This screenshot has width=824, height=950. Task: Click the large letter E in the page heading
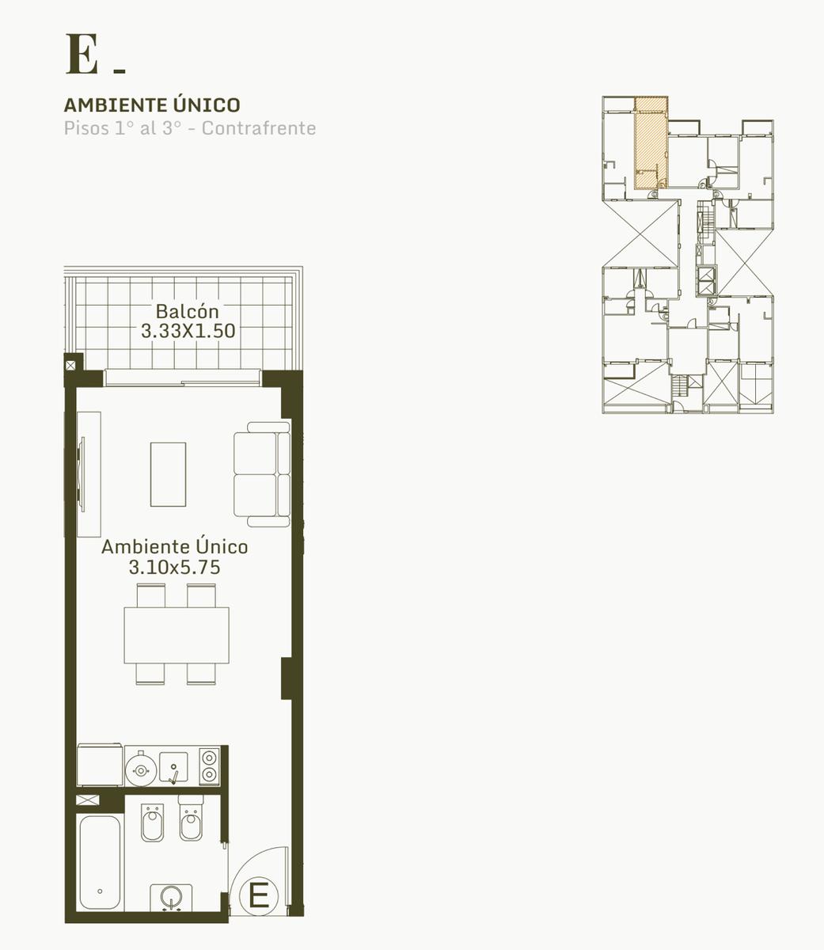(82, 54)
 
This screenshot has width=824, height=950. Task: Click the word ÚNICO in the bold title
(207, 105)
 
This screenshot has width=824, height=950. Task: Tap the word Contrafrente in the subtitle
(259, 128)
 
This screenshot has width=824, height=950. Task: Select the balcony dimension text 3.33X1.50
(188, 331)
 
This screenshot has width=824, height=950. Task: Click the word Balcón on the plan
(187, 311)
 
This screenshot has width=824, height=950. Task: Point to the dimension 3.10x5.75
(175, 568)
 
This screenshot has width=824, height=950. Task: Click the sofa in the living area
(262, 474)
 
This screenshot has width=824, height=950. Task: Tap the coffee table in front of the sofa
(168, 474)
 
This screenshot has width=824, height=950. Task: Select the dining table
(177, 635)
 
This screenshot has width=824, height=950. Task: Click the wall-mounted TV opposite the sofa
(82, 474)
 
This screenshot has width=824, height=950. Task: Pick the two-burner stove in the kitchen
(210, 766)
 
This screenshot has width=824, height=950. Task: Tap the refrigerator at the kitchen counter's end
(100, 765)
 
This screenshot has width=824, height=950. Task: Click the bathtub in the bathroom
(100, 862)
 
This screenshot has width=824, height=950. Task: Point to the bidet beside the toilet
(152, 822)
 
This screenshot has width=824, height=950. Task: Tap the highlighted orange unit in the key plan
(651, 143)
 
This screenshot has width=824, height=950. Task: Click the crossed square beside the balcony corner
(70, 366)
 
